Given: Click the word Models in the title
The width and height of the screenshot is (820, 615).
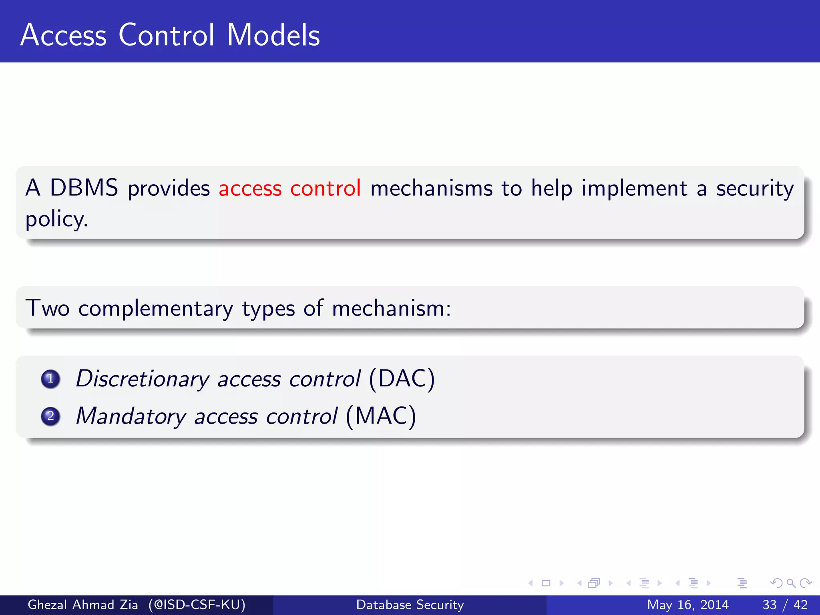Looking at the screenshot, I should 273,35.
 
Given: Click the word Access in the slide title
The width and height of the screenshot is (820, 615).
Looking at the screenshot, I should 63,35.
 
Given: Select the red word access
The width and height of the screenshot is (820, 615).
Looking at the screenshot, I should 250,188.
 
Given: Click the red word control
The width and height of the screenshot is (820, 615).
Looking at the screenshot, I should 326,188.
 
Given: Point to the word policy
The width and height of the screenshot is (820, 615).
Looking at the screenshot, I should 56,219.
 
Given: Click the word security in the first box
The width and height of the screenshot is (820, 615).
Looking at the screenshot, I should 755,188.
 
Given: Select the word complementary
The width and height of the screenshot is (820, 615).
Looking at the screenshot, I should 155,309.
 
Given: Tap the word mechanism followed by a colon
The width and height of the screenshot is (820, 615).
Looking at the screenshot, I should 391,309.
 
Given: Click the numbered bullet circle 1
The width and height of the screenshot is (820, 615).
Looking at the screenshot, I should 50,379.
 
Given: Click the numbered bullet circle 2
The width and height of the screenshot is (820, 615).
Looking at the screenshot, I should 50,416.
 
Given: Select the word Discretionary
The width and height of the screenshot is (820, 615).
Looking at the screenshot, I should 143,379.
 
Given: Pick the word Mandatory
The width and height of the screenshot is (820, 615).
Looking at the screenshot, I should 131,416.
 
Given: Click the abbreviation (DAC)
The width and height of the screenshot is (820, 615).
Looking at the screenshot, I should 402,379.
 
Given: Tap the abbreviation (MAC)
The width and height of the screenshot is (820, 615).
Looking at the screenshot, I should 381,416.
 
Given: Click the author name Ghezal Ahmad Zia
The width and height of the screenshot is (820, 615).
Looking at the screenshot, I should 82,605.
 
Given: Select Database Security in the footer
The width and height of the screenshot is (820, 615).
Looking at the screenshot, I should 410,605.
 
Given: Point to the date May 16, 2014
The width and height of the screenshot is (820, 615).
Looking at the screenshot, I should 687,605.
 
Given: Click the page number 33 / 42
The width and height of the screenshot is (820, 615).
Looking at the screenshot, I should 785,605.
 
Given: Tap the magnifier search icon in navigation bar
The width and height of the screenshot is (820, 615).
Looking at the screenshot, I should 791,583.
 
